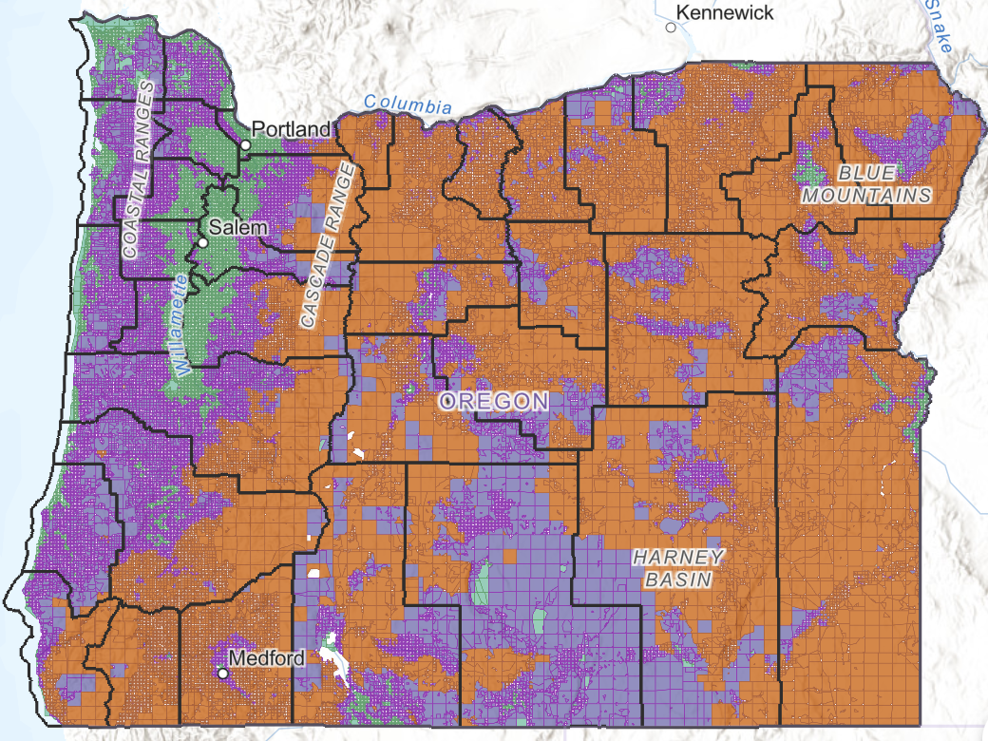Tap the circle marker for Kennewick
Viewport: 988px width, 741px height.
(x=671, y=28)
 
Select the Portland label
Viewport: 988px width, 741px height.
(x=291, y=129)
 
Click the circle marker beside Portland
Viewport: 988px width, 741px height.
(x=245, y=145)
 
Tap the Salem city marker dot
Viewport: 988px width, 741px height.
(x=201, y=243)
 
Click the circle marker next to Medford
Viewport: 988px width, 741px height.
(x=223, y=673)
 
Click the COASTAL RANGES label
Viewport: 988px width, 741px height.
(x=142, y=171)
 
